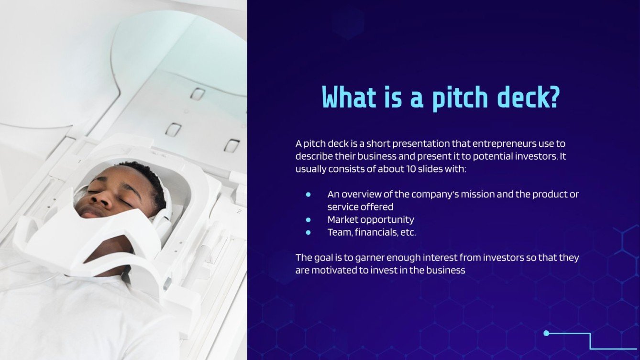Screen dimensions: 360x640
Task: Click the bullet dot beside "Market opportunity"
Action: tap(308, 220)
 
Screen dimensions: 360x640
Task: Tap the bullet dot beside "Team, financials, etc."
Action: tap(308, 232)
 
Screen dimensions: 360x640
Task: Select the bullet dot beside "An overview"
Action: tap(308, 195)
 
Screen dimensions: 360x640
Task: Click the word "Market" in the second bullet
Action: tap(342, 220)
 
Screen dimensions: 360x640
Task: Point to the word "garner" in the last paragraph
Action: tap(372, 258)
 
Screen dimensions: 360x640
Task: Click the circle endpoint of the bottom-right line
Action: tap(546, 333)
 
